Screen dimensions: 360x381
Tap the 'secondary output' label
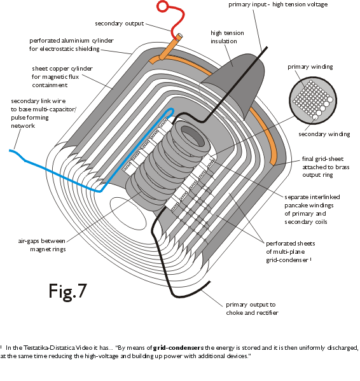tap(120, 24)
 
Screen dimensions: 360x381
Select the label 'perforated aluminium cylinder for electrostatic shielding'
tap(71, 45)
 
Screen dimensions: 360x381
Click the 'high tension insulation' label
tap(227, 37)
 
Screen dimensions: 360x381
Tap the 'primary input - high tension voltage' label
tap(278, 4)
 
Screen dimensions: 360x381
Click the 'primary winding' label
tap(310, 67)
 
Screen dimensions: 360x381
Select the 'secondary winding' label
tap(324, 134)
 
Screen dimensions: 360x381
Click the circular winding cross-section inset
tap(313, 100)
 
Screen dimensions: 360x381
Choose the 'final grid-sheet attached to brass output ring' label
tap(326, 167)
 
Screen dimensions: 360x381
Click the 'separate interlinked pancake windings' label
tap(312, 209)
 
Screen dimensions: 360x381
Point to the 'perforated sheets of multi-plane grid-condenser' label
tap(290, 252)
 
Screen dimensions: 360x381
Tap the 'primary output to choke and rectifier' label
tap(252, 308)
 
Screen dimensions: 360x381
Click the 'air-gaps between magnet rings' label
tap(42, 245)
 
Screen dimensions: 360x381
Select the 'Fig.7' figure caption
tap(68, 291)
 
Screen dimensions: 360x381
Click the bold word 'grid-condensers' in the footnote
tap(178, 348)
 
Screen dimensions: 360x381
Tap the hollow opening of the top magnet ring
tap(193, 136)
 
